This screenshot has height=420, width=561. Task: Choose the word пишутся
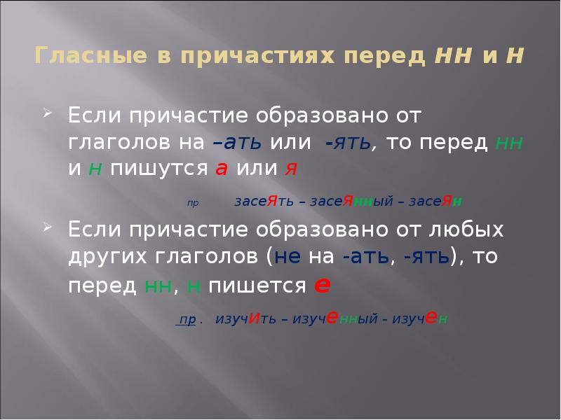[160, 170]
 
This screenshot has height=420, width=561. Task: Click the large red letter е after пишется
[323, 284]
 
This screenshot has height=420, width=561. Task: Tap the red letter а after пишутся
[222, 170]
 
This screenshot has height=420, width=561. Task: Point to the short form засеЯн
[436, 202]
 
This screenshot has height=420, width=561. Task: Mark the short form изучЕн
[421, 319]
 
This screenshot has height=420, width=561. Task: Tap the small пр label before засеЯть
[193, 203]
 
